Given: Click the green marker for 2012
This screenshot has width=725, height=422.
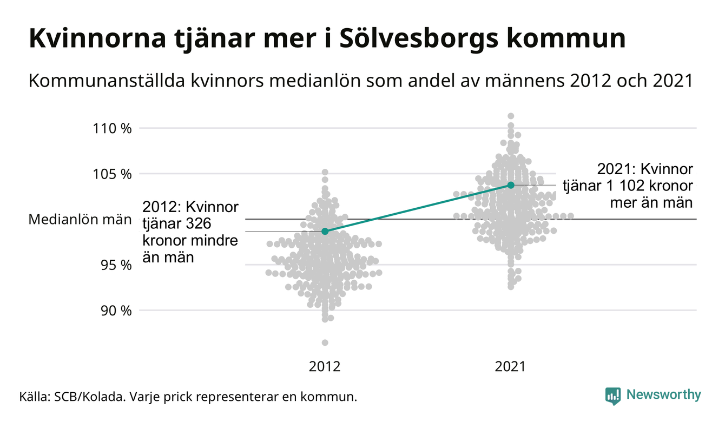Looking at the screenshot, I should click(325, 231).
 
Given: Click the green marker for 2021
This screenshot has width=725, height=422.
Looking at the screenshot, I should click(511, 185).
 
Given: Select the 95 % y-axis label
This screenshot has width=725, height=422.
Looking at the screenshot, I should click(116, 265).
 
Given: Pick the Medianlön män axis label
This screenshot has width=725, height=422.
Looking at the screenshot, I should click(80, 220).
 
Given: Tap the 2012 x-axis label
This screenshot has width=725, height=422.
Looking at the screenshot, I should click(325, 367).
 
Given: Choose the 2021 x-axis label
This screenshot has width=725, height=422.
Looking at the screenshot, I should click(511, 367).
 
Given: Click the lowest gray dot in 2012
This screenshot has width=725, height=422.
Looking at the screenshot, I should click(325, 342).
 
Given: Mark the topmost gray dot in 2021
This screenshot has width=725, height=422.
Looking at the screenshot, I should click(511, 116).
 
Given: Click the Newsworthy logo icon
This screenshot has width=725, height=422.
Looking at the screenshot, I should click(613, 395).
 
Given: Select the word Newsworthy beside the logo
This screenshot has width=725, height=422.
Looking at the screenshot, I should click(664, 395).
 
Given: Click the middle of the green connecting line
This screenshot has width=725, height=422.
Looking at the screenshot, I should click(418, 208).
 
